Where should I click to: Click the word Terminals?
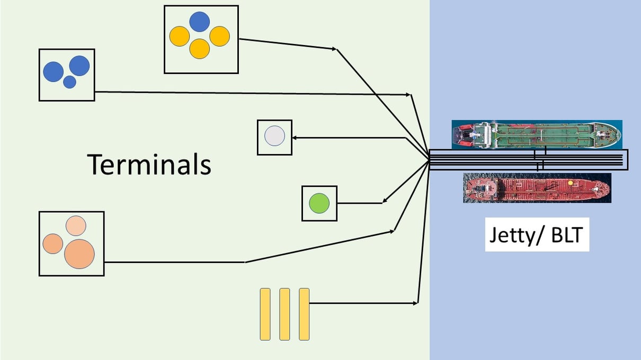(149, 164)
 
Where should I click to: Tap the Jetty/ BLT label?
(537, 235)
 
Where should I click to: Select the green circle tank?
(319, 203)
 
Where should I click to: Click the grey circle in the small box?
(274, 137)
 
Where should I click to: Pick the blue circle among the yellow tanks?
(199, 22)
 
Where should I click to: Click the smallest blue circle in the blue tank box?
(69, 82)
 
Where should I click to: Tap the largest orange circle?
(79, 254)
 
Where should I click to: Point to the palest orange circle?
(76, 226)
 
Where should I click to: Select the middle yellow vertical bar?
(284, 314)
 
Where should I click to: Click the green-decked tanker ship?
(536, 134)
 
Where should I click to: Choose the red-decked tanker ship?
(536, 188)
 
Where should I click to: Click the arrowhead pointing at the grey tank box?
(295, 138)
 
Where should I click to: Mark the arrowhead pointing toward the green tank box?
(385, 201)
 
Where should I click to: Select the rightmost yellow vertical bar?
(304, 314)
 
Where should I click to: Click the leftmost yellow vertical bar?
(265, 314)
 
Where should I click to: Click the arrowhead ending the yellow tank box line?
(334, 49)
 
